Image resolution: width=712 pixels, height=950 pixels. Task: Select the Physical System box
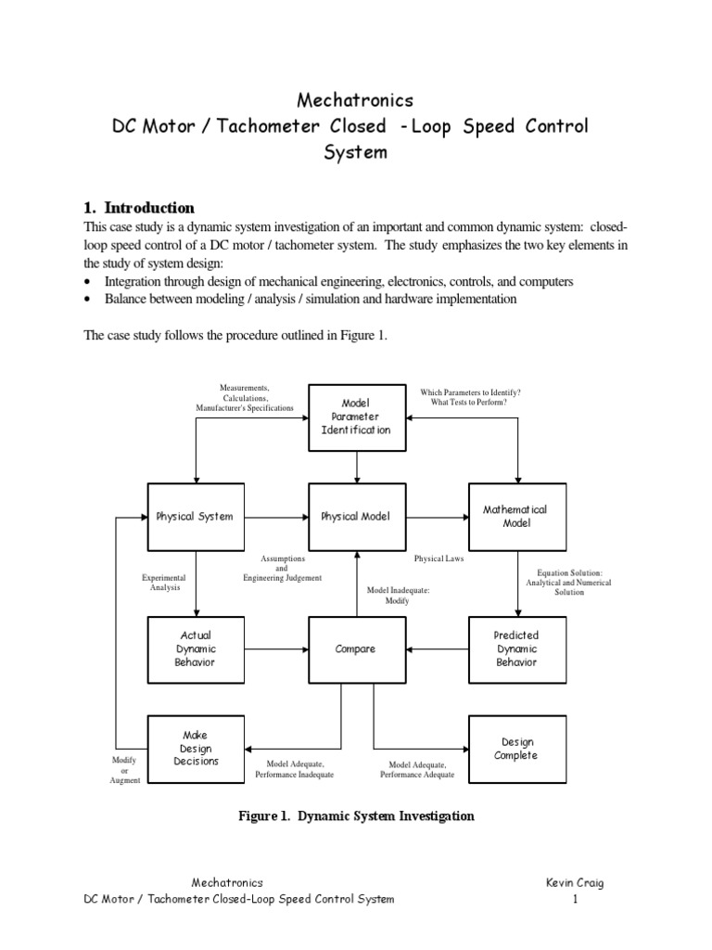[x=195, y=516]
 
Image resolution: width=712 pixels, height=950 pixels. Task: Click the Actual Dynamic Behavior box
[x=195, y=648]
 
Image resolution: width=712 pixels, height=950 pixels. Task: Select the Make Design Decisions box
[x=195, y=749]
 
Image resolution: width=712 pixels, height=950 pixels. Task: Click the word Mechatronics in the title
[x=355, y=99]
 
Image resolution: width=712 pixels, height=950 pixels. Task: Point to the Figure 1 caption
[x=356, y=816]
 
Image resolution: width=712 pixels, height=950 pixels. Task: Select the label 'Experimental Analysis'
[x=163, y=582]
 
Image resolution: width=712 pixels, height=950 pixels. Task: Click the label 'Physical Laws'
[x=439, y=559]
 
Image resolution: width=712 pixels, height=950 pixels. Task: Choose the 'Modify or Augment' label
[x=124, y=770]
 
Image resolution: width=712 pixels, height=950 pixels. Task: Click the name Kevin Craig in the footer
[x=575, y=883]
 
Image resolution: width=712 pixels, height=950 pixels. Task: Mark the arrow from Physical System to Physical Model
[x=275, y=516]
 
